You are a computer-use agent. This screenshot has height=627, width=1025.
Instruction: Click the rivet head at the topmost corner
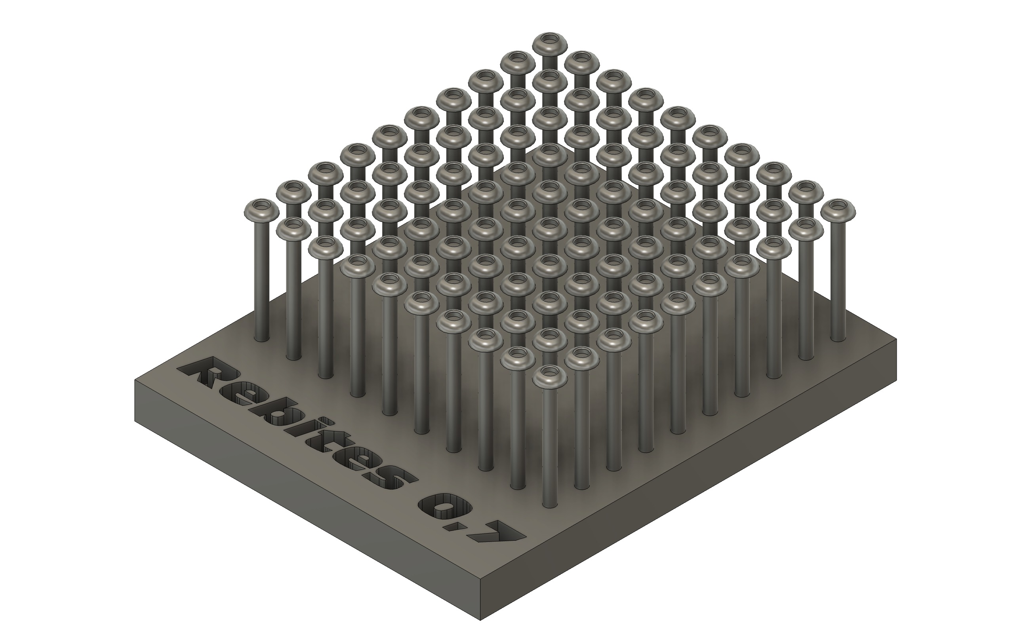point(550,41)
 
